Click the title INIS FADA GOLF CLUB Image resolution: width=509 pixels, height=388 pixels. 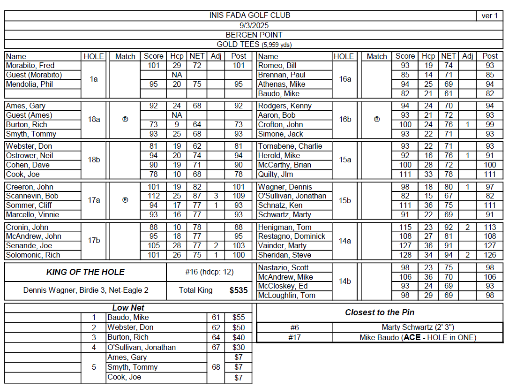pos(250,15)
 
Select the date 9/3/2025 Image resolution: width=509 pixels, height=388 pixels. pos(254,25)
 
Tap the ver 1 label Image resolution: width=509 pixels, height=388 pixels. pos(490,16)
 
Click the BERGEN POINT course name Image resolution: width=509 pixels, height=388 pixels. pos(254,35)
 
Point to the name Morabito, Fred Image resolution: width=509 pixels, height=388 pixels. pos(30,66)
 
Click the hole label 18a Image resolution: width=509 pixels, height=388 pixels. pos(94,120)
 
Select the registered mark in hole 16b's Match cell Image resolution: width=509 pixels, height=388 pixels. pos(377,120)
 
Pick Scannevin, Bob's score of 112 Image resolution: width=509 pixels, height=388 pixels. pos(153,196)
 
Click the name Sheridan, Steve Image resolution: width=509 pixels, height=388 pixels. pos(282,255)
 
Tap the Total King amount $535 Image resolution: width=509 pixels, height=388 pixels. pos(239,290)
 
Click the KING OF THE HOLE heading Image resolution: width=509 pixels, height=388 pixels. pos(85,272)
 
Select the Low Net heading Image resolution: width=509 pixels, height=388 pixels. pos(128,308)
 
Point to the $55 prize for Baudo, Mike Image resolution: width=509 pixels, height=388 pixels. pos(239,318)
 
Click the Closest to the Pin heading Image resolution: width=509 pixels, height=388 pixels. pos(380,312)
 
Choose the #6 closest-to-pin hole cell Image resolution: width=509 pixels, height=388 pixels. pos(294,327)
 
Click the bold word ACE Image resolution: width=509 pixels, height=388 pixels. pos(412,337)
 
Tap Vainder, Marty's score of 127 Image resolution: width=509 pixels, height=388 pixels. pos(405,246)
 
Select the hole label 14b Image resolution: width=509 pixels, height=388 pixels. pos(345,281)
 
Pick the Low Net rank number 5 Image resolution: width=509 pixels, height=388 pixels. pos(94,367)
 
